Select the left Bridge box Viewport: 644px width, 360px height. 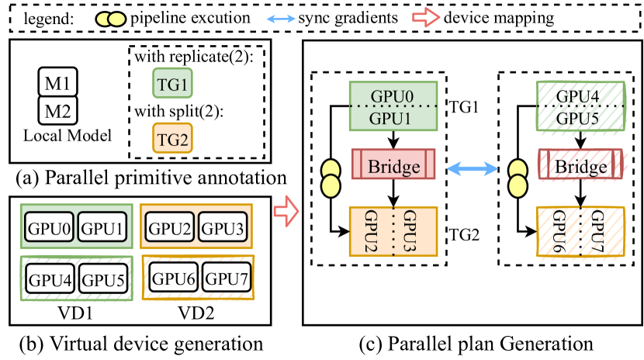tap(394, 167)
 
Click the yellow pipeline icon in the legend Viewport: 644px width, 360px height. tap(110, 17)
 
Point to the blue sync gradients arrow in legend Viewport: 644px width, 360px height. tap(301, 17)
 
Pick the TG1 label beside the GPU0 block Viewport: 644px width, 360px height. tap(466, 106)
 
